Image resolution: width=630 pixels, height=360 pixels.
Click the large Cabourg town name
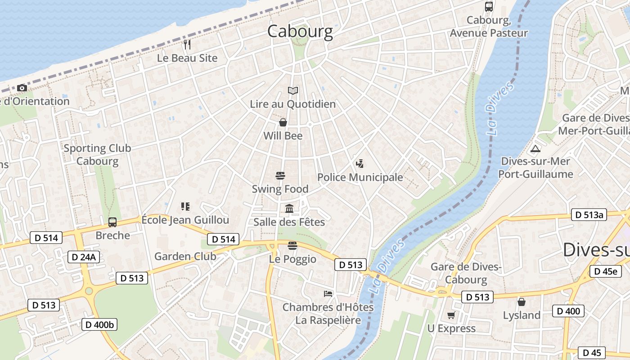[300, 31]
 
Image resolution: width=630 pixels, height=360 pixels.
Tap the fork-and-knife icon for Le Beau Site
[187, 44]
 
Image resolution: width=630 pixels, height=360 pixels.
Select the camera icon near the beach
[22, 87]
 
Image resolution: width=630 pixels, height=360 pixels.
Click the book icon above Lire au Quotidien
[293, 91]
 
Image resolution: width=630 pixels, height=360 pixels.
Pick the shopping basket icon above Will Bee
[283, 122]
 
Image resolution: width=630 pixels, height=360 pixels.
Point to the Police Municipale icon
[359, 164]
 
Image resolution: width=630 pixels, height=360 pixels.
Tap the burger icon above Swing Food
[280, 175]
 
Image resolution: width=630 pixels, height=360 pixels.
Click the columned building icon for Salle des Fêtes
[289, 208]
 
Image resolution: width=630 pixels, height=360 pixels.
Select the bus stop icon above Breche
[112, 222]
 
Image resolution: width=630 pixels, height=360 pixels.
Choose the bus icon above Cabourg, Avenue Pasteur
[489, 7]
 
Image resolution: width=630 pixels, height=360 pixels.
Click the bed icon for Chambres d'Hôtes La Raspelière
[328, 294]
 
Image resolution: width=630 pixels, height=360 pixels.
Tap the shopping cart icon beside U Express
[451, 315]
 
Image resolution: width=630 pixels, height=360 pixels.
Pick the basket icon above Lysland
[521, 301]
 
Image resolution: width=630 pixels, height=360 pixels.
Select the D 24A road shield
[84, 257]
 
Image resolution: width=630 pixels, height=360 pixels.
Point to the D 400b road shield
[99, 324]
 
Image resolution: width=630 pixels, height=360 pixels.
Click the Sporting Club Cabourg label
[97, 154]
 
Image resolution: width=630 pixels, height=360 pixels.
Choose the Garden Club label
[185, 256]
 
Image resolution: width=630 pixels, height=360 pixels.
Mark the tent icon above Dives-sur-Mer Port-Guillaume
[535, 148]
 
